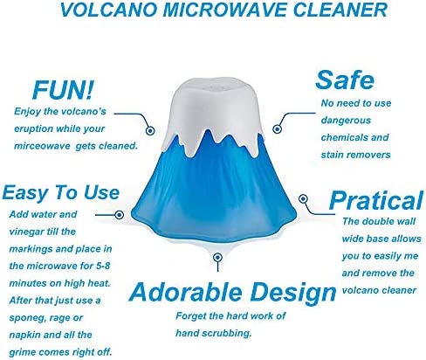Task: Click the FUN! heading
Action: click(x=64, y=90)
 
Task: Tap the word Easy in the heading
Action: click(x=29, y=193)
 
